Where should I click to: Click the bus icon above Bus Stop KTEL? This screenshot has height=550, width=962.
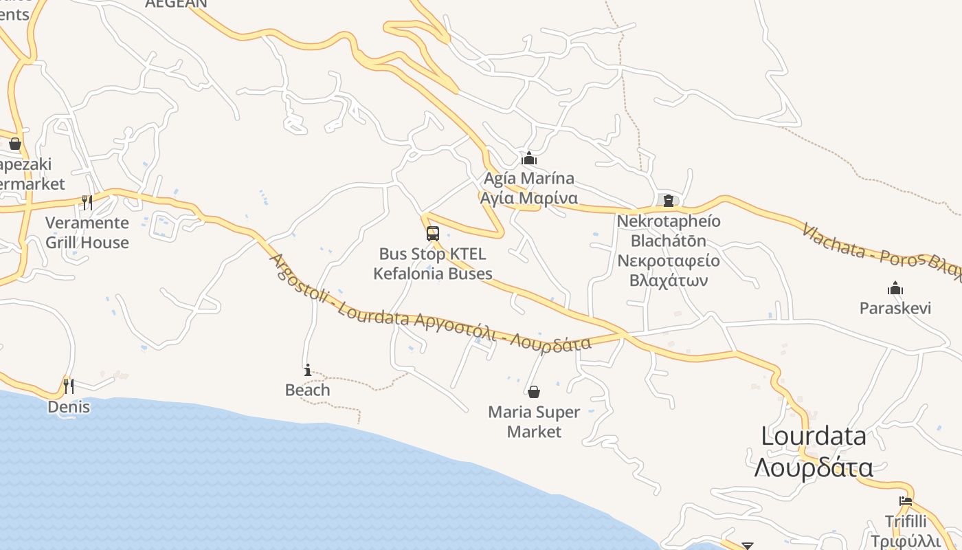point(432,234)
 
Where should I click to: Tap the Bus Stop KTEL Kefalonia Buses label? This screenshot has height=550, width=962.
point(433,264)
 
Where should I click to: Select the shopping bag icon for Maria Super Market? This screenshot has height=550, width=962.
point(534,392)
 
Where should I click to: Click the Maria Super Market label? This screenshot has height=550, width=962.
point(534,421)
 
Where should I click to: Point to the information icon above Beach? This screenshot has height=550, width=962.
point(307,370)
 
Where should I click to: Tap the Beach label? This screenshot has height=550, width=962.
point(307,390)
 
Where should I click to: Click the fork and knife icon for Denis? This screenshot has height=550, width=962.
point(69,386)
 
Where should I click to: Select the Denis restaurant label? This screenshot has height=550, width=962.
point(69,407)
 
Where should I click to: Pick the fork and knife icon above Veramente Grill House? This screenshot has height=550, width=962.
point(87,202)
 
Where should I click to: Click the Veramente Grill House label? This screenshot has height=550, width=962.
point(87,232)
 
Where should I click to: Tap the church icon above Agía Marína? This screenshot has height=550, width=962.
point(528,159)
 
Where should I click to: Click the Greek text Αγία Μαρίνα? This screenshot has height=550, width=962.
point(528,198)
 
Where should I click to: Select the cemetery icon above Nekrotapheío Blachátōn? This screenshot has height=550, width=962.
point(668,201)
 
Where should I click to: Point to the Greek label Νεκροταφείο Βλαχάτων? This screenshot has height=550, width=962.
point(669,271)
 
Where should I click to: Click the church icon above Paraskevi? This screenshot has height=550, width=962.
point(895,287)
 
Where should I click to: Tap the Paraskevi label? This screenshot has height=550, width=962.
point(895,307)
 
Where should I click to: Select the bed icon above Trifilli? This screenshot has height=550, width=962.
point(906,501)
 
